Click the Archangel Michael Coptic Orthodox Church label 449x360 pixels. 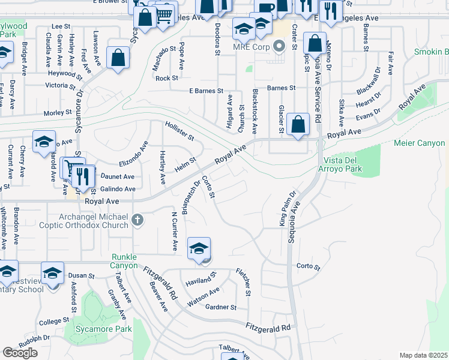click(94, 221)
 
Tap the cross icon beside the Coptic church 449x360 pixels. click(137, 220)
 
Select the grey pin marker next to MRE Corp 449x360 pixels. click(278, 46)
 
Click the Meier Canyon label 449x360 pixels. click(419, 143)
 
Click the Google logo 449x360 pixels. click(20, 353)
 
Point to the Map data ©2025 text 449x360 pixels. click(424, 355)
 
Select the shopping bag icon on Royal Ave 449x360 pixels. click(298, 124)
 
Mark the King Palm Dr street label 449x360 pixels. click(288, 209)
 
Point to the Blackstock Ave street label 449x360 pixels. click(255, 111)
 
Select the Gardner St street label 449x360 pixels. click(221, 308)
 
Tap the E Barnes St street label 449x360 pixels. click(206, 91)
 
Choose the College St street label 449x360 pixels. click(51, 322)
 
